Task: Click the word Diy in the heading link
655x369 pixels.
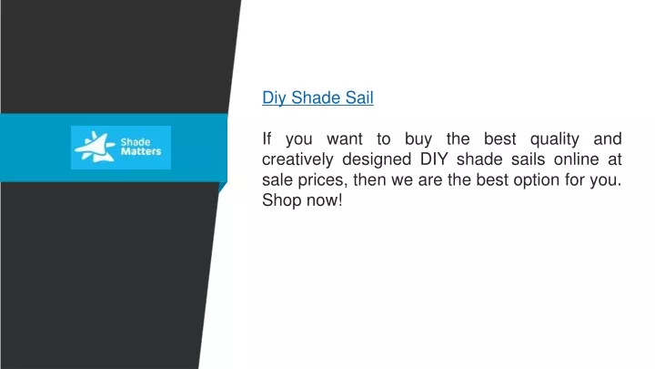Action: point(274,97)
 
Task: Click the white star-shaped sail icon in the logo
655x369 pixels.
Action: point(95,147)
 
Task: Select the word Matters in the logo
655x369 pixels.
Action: point(141,151)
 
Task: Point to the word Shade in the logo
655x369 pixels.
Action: point(136,142)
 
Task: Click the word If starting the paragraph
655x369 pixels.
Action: point(267,138)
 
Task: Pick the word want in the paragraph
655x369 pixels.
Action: point(344,138)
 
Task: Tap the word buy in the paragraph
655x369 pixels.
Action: point(418,139)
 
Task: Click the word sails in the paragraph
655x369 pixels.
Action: point(528,159)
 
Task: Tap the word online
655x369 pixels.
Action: point(579,159)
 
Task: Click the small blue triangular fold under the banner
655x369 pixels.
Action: point(222,187)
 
